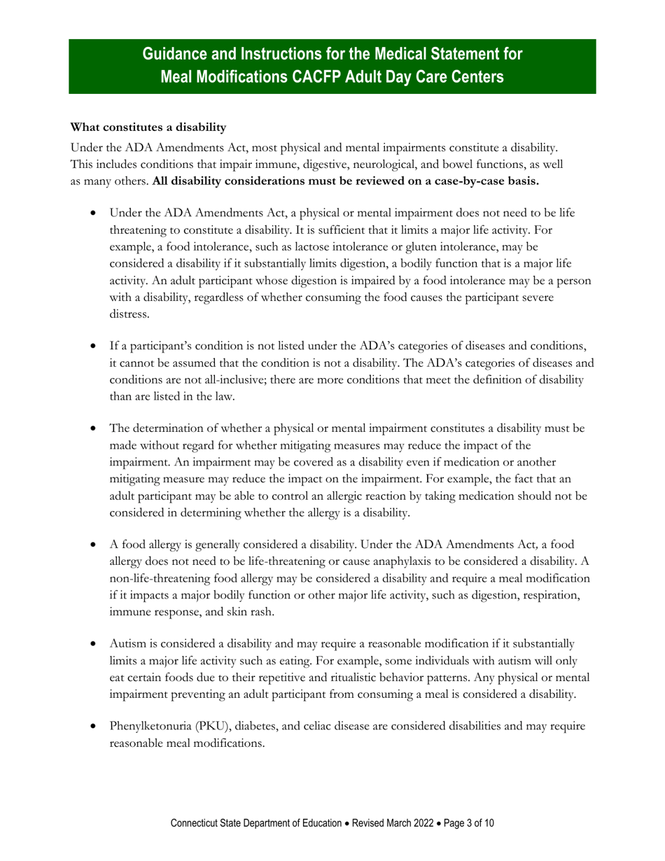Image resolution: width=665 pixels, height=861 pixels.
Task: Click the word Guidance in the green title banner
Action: (x=174, y=55)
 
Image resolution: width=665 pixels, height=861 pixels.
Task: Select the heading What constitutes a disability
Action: (x=148, y=127)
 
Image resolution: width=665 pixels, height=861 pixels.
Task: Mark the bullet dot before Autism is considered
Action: (x=93, y=644)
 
